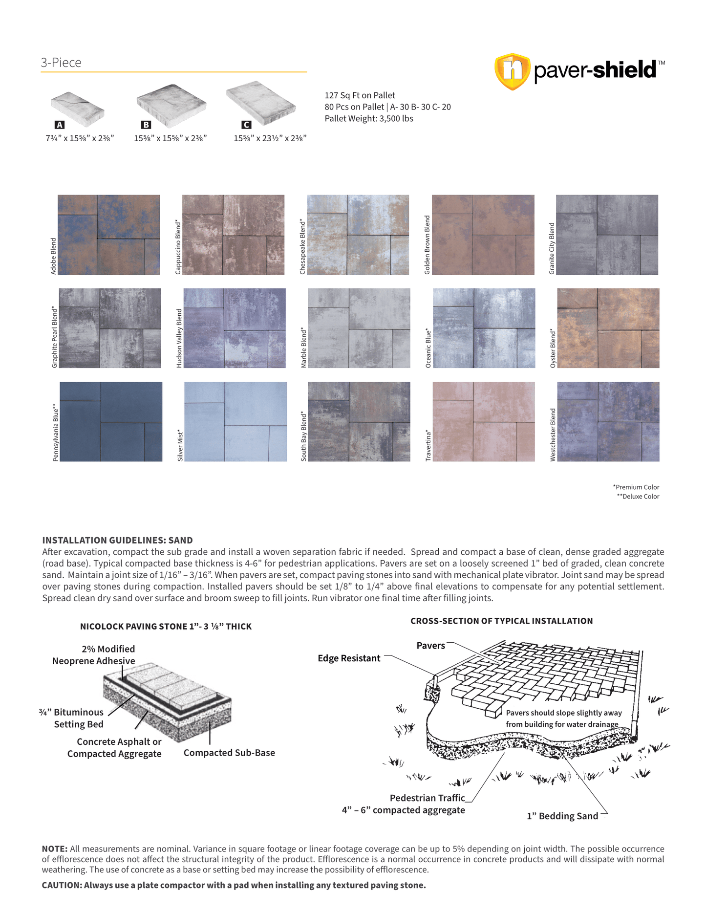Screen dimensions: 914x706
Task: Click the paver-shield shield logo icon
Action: pyautogui.click(x=512, y=71)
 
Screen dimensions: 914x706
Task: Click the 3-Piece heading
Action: pyautogui.click(x=61, y=63)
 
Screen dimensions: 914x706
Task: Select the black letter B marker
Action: pyautogui.click(x=146, y=125)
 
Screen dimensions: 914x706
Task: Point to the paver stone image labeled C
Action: pyautogui.click(x=261, y=102)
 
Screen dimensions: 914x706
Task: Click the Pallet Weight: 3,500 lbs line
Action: pyautogui.click(x=369, y=119)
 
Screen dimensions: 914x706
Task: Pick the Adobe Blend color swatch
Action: pyautogui.click(x=108, y=235)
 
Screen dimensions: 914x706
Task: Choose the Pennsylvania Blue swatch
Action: pyautogui.click(x=111, y=421)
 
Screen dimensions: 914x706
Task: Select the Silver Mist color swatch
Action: pyautogui.click(x=235, y=421)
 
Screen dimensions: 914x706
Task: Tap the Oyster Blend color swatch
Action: pyautogui.click(x=608, y=328)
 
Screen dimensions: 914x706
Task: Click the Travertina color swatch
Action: pyautogui.click(x=484, y=421)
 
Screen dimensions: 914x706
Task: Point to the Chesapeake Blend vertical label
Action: pyautogui.click(x=302, y=246)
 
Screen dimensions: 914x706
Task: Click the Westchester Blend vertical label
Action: pyautogui.click(x=553, y=435)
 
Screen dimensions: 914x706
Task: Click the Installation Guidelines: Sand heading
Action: pyautogui.click(x=117, y=540)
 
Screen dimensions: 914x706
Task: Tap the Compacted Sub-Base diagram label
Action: pyautogui.click(x=229, y=753)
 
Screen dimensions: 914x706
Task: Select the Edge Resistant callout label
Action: pyautogui.click(x=349, y=658)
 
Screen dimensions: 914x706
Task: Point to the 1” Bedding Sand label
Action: pyautogui.click(x=562, y=816)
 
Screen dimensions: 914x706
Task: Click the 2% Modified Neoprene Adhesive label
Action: pyautogui.click(x=94, y=655)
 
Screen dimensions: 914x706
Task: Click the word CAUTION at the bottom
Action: pyautogui.click(x=62, y=885)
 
